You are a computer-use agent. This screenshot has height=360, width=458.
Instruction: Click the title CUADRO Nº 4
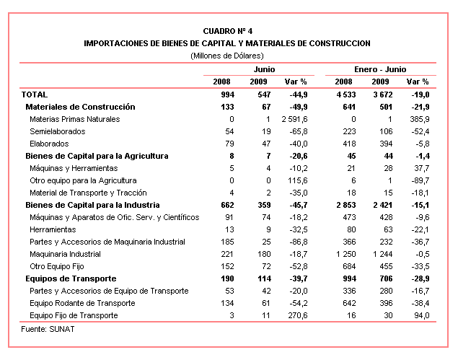click(x=227, y=31)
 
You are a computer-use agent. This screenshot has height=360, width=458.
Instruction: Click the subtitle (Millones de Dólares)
click(x=227, y=56)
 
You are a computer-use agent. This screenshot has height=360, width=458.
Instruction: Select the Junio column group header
click(x=264, y=69)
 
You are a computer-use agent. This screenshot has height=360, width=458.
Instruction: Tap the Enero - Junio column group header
click(x=380, y=69)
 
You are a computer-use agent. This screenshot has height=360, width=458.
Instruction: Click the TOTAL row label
click(x=35, y=95)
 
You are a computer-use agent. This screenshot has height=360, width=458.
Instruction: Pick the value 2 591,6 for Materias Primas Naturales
click(x=294, y=119)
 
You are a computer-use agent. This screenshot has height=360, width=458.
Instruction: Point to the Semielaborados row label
click(x=58, y=131)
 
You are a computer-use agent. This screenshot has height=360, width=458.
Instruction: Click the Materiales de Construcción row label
click(x=80, y=107)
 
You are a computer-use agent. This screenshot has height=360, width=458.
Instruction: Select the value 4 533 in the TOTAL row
click(x=345, y=95)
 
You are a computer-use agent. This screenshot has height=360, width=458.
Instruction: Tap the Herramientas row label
click(x=53, y=229)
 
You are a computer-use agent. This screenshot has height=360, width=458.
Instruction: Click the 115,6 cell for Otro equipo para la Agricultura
click(x=298, y=180)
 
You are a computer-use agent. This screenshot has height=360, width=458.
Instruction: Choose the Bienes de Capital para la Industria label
click(x=92, y=205)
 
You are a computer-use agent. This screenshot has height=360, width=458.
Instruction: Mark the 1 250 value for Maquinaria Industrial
click(x=345, y=254)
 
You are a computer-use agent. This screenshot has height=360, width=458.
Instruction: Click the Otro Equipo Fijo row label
click(x=57, y=266)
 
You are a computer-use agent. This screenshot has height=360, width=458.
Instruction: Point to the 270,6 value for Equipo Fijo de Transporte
click(x=298, y=315)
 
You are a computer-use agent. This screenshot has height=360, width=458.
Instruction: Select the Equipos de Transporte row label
click(x=71, y=278)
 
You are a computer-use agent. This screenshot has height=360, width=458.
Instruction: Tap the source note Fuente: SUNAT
click(x=48, y=329)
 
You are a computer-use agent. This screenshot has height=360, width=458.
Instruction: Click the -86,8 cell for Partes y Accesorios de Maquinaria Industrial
click(x=299, y=242)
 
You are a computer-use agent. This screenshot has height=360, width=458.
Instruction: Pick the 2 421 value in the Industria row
click(x=383, y=205)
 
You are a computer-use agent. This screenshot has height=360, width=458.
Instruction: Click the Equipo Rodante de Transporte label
click(x=82, y=303)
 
